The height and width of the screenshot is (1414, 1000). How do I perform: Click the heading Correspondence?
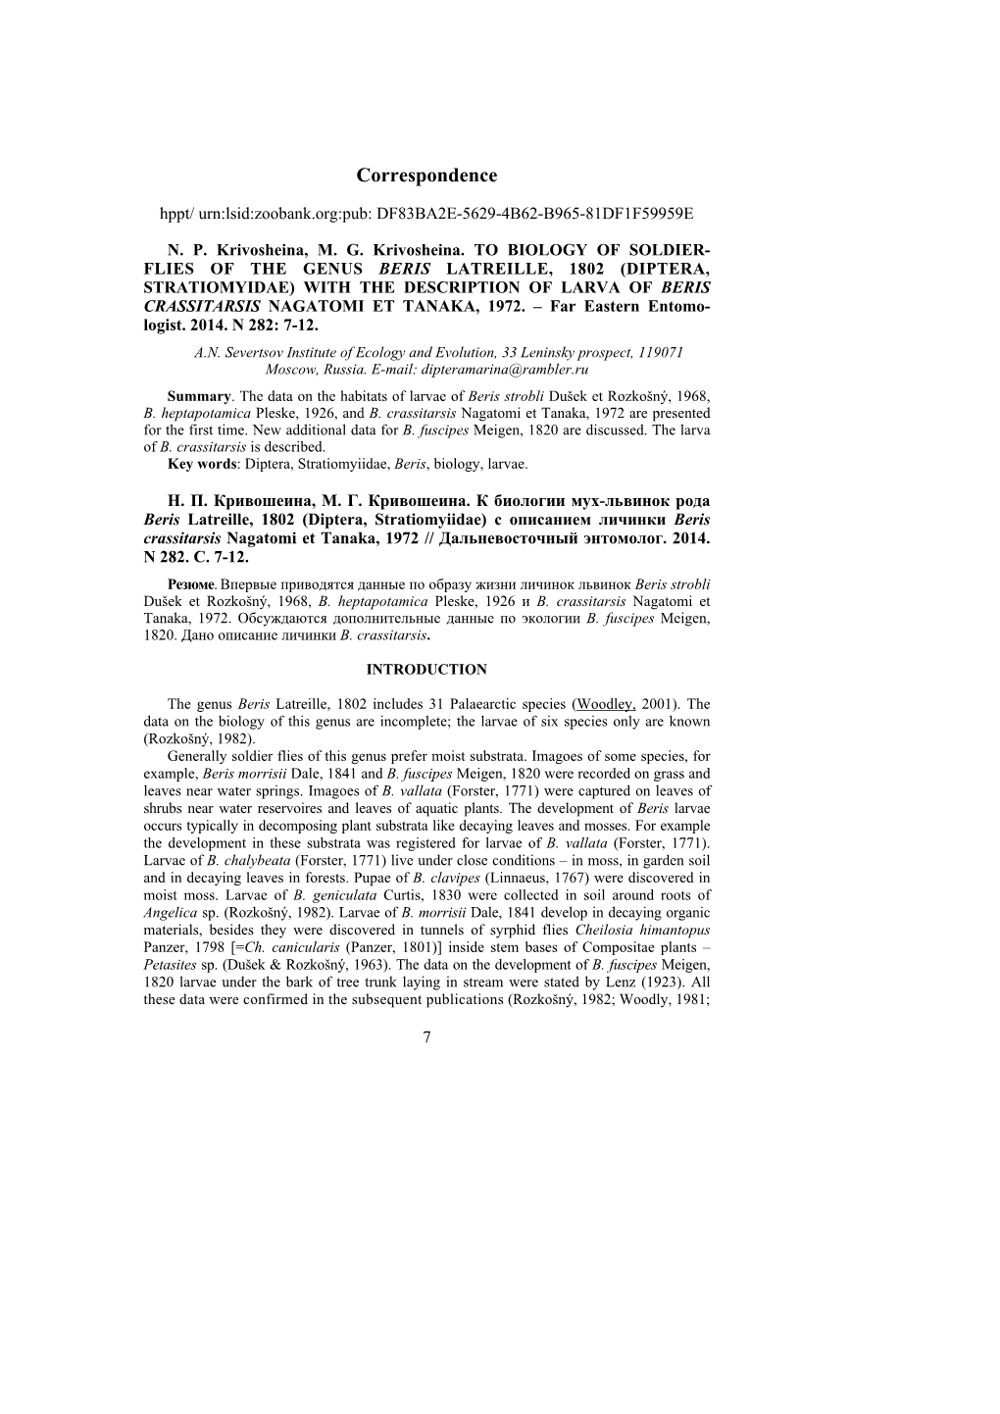coord(426,176)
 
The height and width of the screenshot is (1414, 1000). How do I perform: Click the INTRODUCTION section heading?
coord(426,670)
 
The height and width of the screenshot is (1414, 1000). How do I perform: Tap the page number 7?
coord(427,1037)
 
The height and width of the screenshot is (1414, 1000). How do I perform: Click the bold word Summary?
coord(199,396)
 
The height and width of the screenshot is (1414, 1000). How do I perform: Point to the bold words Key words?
coord(203,463)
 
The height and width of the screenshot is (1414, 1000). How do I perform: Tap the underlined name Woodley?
coord(607,704)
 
